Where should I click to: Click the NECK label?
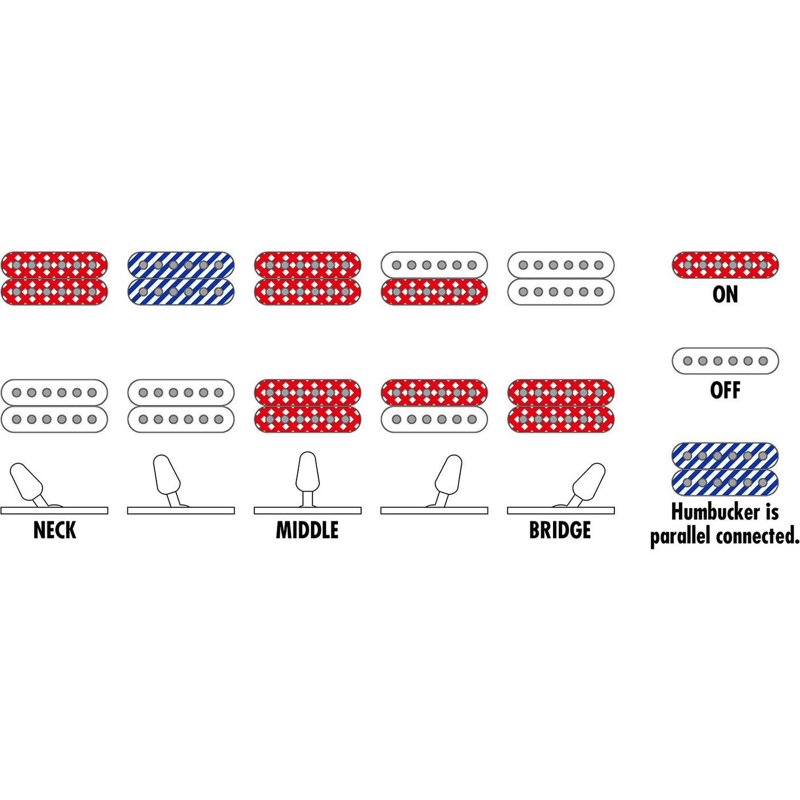point(54,530)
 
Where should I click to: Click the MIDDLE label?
point(307,530)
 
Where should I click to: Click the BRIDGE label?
point(560,530)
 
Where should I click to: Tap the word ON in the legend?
point(725,294)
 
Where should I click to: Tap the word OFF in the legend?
point(725,391)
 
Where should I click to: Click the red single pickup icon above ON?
point(725,265)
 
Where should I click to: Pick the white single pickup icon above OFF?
point(725,361)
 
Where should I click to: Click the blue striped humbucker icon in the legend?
point(725,470)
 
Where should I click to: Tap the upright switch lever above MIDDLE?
point(307,473)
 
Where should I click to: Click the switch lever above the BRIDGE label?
point(589,482)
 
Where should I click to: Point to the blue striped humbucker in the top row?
point(181,278)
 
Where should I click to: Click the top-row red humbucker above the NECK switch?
point(54,278)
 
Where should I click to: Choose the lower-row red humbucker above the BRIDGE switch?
point(561,406)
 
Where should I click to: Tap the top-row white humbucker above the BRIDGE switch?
point(561,278)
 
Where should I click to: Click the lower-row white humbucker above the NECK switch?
point(54,406)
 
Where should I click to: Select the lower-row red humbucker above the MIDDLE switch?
point(307,406)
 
